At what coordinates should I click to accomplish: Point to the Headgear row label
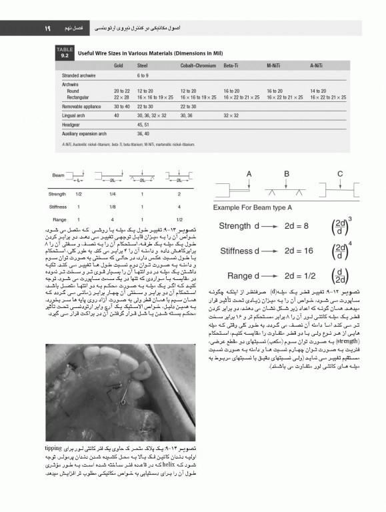point(73,124)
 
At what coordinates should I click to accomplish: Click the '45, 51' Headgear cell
point(143,124)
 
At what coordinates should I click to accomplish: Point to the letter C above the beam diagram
point(340,174)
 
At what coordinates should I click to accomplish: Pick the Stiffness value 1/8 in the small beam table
point(112,207)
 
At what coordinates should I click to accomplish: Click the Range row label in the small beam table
point(59,219)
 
